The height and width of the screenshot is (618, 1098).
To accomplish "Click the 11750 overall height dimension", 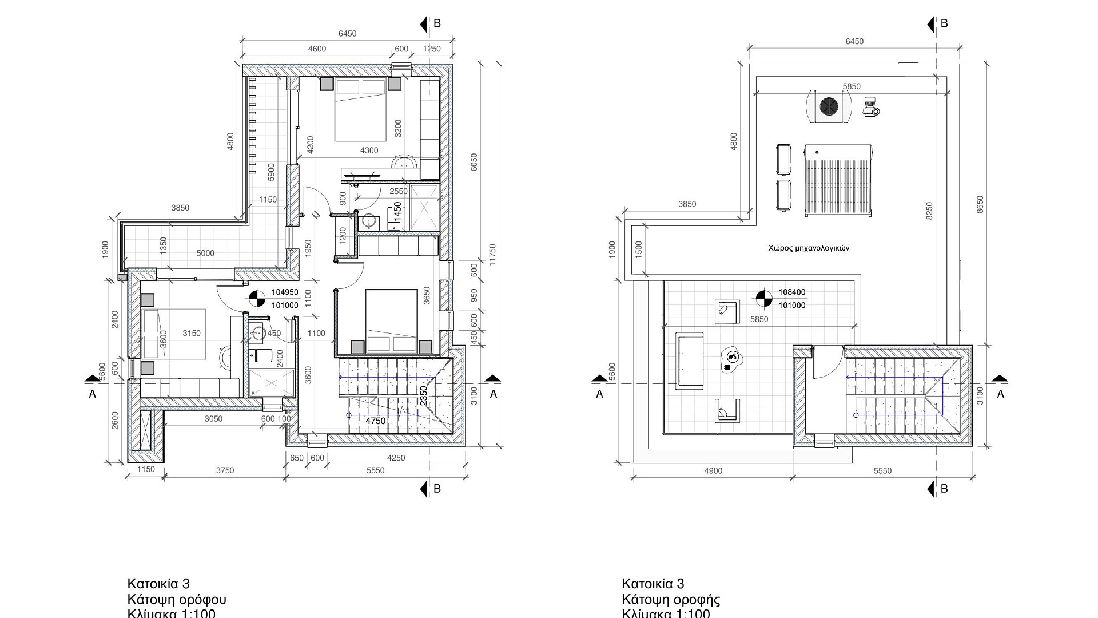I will point(492,255).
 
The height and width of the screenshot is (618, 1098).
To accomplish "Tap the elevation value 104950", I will point(285,292).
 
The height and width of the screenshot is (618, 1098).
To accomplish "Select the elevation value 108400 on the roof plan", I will point(791,292).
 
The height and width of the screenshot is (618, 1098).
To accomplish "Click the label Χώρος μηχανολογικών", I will point(808,248).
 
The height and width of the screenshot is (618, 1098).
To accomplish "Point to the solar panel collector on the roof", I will point(838,180).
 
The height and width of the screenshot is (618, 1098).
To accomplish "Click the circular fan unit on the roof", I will point(828,106).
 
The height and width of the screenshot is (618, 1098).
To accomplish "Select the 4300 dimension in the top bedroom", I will point(369,150).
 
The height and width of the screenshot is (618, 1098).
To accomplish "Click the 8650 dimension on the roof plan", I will point(980,205).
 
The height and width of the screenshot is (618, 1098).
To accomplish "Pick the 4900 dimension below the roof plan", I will point(713,471).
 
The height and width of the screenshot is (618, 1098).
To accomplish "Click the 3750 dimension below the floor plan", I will point(225,470).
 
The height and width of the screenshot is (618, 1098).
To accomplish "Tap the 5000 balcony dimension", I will point(205,253).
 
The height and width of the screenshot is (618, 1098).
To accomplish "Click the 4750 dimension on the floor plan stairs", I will point(376,421).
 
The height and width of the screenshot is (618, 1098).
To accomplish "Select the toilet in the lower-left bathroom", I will point(264,355).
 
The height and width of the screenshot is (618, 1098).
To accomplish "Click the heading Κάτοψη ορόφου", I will point(177,600).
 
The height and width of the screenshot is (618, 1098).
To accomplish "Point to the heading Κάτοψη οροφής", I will point(671,600).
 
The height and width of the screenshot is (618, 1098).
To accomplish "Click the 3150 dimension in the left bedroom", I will point(192,334).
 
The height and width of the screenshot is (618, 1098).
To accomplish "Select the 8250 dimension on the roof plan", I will point(929,211).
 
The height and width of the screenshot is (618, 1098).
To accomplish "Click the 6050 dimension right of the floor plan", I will point(474,162).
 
